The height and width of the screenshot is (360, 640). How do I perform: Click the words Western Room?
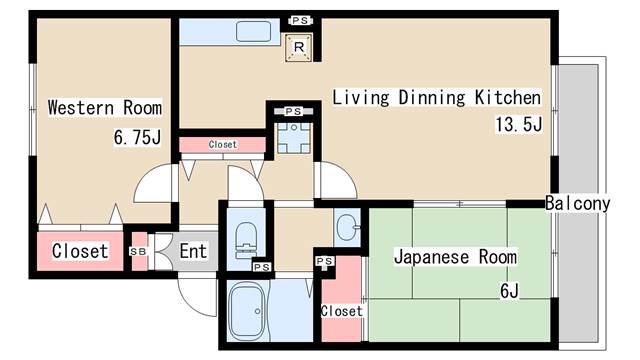(x=104, y=108)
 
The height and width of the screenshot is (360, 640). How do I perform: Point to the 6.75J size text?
(x=137, y=138)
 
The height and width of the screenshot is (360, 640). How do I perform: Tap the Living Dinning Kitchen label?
(x=436, y=98)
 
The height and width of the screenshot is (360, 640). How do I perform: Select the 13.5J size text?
(x=517, y=125)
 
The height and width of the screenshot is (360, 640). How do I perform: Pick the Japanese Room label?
(x=455, y=257)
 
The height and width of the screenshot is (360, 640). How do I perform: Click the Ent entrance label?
(x=193, y=251)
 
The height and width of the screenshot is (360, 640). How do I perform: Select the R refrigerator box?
(x=298, y=44)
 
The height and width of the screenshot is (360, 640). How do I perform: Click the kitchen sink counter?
(x=244, y=30)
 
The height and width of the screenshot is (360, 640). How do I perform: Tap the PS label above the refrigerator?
(x=298, y=19)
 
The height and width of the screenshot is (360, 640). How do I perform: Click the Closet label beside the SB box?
(x=80, y=251)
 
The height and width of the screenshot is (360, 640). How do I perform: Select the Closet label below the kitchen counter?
(x=223, y=145)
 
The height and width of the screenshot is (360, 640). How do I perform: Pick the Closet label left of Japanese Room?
(x=341, y=311)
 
